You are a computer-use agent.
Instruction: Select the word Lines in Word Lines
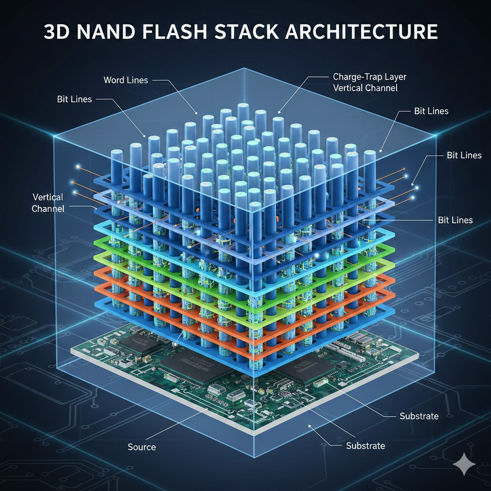click(138, 80)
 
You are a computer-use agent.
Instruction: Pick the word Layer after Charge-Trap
click(396, 77)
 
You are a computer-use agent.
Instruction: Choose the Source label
click(141, 447)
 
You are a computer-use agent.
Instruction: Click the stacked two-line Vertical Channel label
click(47, 202)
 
